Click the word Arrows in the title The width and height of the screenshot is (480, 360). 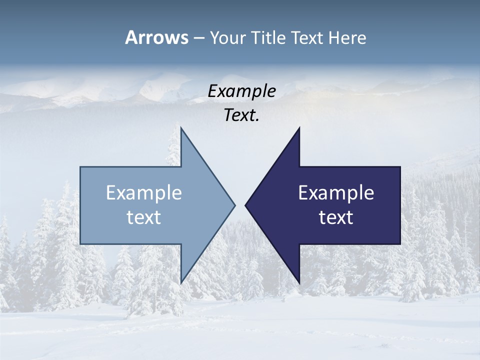pyautogui.click(x=156, y=37)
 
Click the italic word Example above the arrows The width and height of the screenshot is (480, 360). pyautogui.click(x=242, y=91)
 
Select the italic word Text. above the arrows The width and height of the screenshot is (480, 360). pyautogui.click(x=242, y=115)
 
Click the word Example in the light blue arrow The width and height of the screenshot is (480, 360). pyautogui.click(x=144, y=193)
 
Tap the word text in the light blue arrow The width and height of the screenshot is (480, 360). pyautogui.click(x=144, y=217)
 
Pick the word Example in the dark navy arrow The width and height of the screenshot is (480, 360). pyautogui.click(x=336, y=193)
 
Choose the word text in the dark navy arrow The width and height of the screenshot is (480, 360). pyautogui.click(x=336, y=217)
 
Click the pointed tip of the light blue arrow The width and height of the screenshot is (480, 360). pyautogui.click(x=234, y=205)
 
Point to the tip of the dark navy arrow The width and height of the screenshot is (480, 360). pyautogui.click(x=246, y=205)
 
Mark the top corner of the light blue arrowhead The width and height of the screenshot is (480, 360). pyautogui.click(x=181, y=128)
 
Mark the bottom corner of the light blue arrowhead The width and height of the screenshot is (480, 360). pyautogui.click(x=181, y=282)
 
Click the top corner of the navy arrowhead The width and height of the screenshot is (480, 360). pyautogui.click(x=299, y=128)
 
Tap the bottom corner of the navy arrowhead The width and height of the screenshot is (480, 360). pyautogui.click(x=299, y=282)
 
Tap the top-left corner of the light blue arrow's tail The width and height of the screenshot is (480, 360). pyautogui.click(x=80, y=167)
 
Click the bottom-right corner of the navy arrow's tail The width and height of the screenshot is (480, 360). pyautogui.click(x=400, y=243)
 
